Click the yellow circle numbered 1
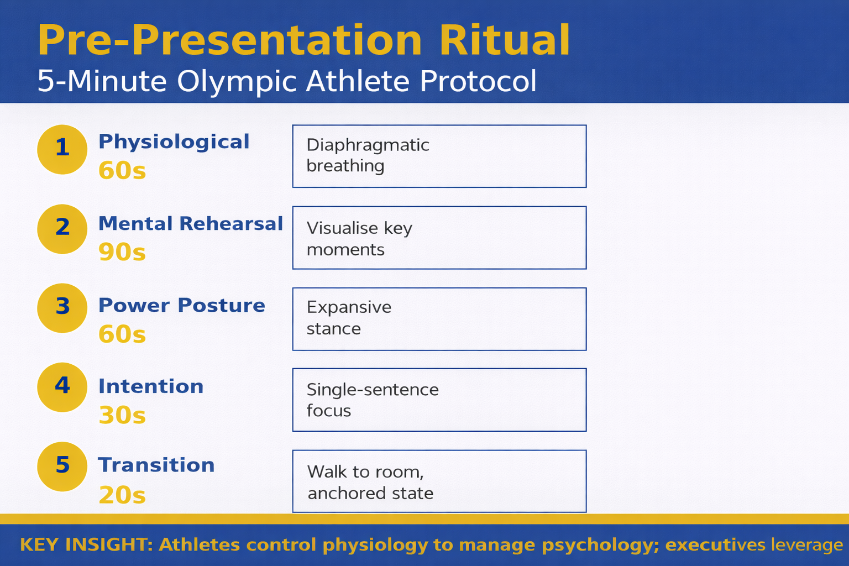tap(62, 149)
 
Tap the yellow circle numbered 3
tap(62, 308)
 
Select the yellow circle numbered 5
tap(62, 467)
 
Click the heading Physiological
tap(174, 141)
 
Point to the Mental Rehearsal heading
tap(190, 223)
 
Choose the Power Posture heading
tap(181, 305)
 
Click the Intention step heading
tap(151, 386)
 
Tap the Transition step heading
tap(156, 465)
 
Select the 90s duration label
tap(122, 252)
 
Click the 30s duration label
tap(122, 415)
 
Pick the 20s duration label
tap(122, 495)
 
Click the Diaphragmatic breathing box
tap(439, 156)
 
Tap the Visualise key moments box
tap(439, 238)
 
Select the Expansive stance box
tap(439, 319)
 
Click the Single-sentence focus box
tap(439, 400)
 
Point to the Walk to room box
tap(439, 481)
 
